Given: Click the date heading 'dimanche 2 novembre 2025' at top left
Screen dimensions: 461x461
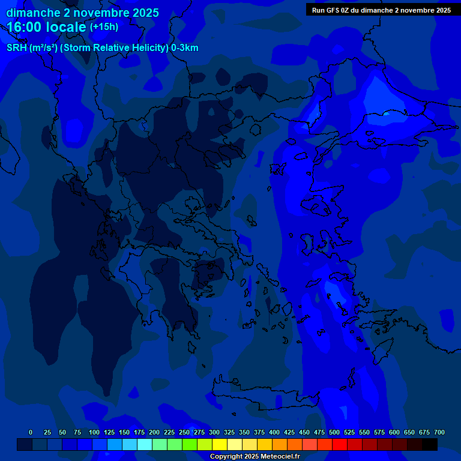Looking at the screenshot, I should [x=82, y=13].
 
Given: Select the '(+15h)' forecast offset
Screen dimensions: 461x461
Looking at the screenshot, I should [x=104, y=26].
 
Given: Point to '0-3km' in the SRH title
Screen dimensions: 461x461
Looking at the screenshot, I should [x=185, y=48].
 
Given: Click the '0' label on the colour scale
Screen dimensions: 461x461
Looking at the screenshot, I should [x=31, y=432].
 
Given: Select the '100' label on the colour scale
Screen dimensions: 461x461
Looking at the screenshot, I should [x=94, y=432].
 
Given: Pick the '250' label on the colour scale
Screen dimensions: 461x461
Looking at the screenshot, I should [x=184, y=432].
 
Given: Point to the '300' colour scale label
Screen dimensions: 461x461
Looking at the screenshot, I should [x=214, y=432].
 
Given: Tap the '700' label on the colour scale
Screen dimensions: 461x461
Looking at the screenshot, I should [x=439, y=432].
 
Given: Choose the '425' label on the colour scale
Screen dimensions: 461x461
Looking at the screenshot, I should [x=289, y=432].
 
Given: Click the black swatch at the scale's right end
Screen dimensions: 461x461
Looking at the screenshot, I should [x=430, y=444].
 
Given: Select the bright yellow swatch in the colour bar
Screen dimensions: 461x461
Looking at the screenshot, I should [x=220, y=444].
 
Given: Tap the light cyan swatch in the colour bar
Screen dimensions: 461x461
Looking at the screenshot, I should [x=145, y=444].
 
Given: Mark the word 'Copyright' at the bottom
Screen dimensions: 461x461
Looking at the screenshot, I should [x=226, y=456].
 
